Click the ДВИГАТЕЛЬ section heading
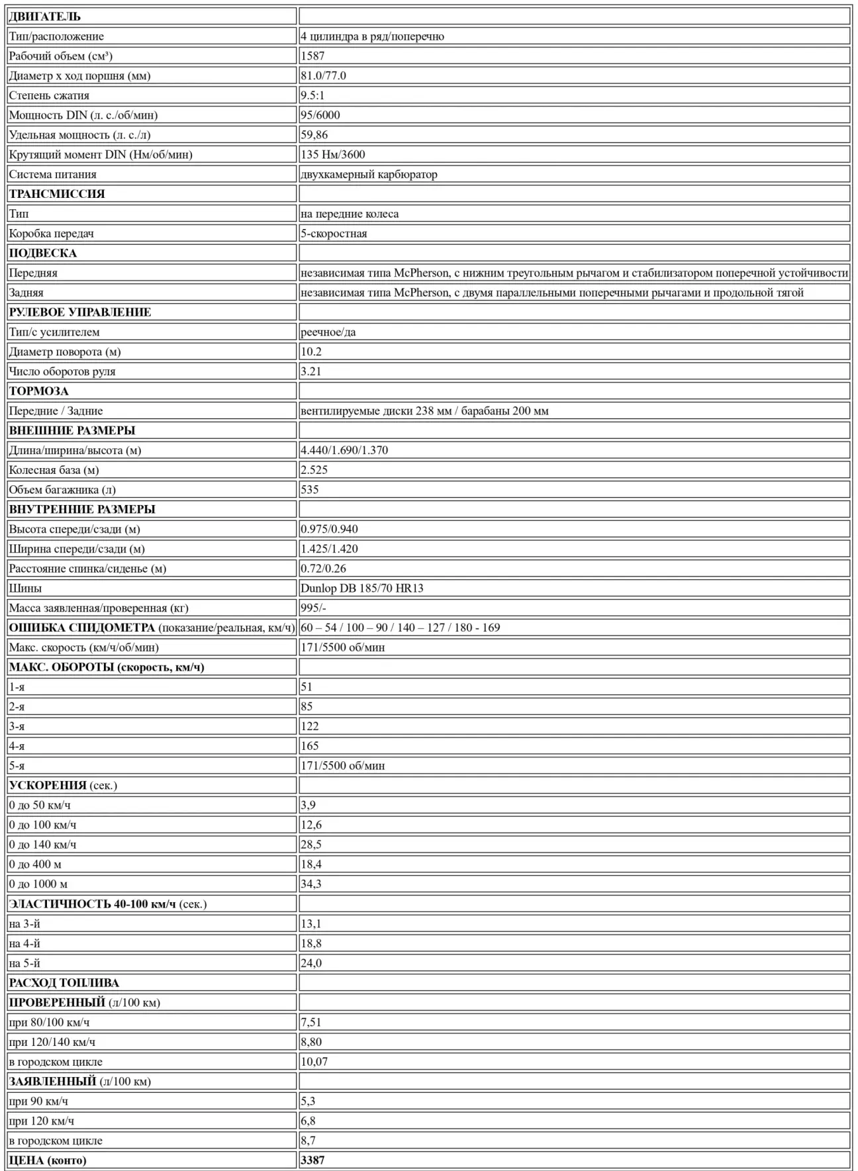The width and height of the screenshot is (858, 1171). click(x=44, y=17)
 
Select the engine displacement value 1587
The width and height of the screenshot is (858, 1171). click(x=312, y=56)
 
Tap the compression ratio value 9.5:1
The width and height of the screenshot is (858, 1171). click(x=312, y=95)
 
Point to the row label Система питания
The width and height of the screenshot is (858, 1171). click(x=52, y=174)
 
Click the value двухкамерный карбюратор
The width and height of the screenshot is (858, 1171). click(x=369, y=174)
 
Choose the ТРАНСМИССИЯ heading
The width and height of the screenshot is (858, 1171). click(x=57, y=194)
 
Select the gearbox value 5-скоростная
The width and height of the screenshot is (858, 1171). click(x=334, y=234)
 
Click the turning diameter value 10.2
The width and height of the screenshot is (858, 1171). click(x=311, y=351)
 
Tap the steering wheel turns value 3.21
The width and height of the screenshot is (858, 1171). click(x=311, y=371)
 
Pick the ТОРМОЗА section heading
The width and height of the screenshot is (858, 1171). click(x=39, y=391)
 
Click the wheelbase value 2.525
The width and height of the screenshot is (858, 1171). click(x=314, y=470)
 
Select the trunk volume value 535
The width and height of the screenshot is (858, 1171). click(x=309, y=490)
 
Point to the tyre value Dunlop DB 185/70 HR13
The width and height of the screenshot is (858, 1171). click(x=361, y=588)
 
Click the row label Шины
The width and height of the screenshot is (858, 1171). click(x=25, y=588)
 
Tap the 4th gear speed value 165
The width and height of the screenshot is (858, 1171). click(x=309, y=746)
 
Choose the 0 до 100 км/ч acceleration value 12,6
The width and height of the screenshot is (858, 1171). click(x=311, y=825)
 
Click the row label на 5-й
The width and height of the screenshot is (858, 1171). click(x=24, y=963)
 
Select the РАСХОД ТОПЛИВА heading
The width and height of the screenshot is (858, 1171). click(x=64, y=983)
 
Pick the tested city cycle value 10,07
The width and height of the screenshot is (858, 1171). click(x=314, y=1062)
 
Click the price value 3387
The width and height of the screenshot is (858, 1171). click(x=312, y=1160)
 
